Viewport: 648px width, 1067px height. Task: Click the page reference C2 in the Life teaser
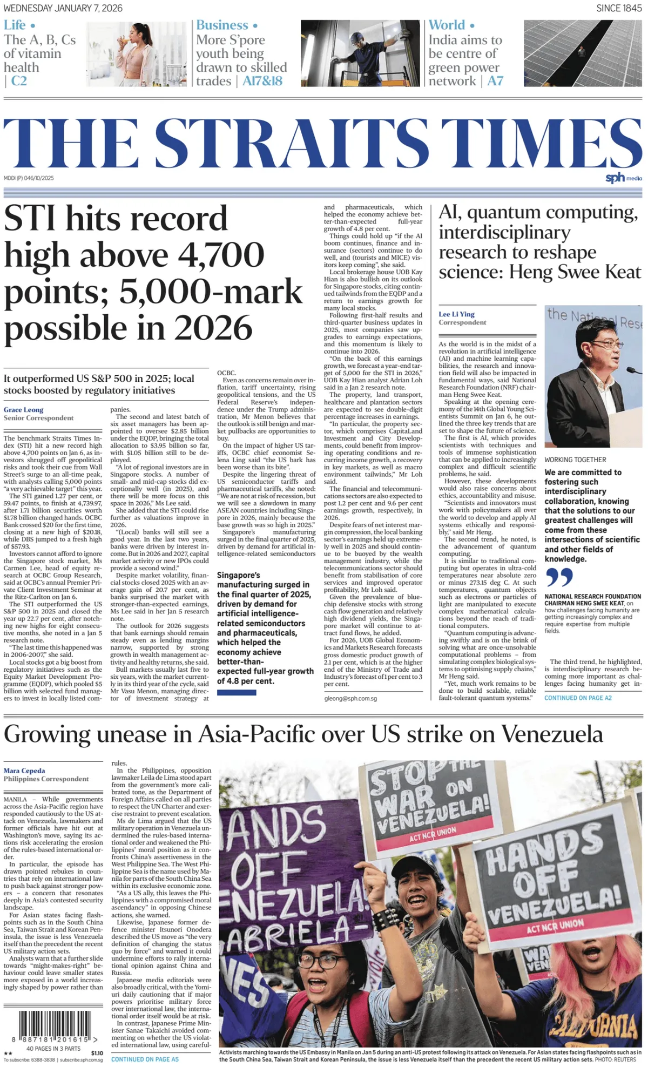pos(19,81)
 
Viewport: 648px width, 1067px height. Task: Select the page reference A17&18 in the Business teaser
pos(262,81)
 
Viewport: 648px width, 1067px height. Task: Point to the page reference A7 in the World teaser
pos(495,81)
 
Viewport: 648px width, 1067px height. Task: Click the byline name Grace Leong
pos(24,410)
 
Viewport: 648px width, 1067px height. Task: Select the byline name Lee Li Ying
pos(456,314)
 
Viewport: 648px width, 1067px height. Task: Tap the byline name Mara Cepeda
pos(24,771)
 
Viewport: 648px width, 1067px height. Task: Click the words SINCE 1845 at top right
pos(619,8)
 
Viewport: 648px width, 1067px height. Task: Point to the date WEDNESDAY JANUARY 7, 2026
pos(63,8)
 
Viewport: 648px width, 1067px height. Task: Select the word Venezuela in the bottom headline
pos(552,734)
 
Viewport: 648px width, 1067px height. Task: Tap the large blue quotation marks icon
pos(559,577)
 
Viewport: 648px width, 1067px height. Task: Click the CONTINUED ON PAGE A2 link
pos(578,698)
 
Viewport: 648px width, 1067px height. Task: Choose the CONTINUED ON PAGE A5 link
pos(145,1059)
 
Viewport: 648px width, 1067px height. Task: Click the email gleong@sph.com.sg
pos(350,698)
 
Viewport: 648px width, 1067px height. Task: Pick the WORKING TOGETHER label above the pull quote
pos(575,460)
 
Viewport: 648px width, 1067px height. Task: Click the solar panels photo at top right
pos(583,53)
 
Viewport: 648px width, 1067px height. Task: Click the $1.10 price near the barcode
pos(97,1053)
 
